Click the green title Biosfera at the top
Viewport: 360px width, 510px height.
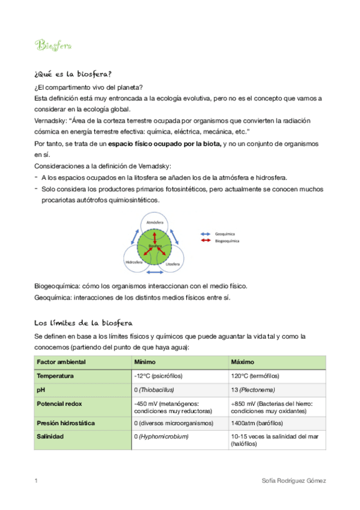coord(53,45)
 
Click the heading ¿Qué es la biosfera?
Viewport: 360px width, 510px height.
coord(73,74)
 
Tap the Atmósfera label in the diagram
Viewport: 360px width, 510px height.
coord(151,223)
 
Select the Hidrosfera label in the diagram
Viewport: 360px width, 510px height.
coord(133,263)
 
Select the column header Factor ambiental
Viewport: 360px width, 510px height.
coord(61,362)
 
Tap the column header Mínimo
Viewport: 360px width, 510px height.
coord(145,362)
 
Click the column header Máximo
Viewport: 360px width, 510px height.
coord(242,362)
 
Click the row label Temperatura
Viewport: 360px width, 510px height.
coord(55,376)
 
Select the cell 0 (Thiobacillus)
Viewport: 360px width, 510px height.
coord(154,389)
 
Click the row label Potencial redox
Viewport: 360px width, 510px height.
coord(61,403)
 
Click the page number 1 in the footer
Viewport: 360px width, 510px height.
coord(36,481)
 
